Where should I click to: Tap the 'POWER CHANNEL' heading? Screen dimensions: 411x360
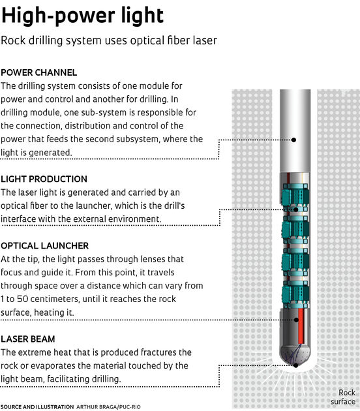39,72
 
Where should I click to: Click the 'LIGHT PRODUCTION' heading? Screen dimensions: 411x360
44,179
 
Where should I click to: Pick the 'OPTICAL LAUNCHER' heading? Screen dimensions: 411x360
45,246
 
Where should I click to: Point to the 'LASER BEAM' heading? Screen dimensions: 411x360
28,339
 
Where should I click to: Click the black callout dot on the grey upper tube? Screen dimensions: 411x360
294,140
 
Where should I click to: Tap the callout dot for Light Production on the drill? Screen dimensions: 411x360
294,209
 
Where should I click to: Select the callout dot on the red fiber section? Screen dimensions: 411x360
295,320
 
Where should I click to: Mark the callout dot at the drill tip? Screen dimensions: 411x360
295,365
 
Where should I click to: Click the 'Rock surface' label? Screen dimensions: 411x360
343,397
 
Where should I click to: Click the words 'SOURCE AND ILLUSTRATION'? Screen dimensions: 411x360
37,406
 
